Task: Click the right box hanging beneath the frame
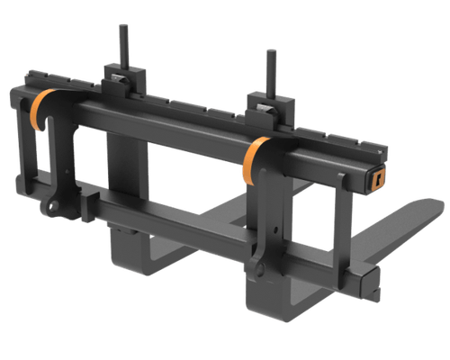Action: (x=270, y=301)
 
